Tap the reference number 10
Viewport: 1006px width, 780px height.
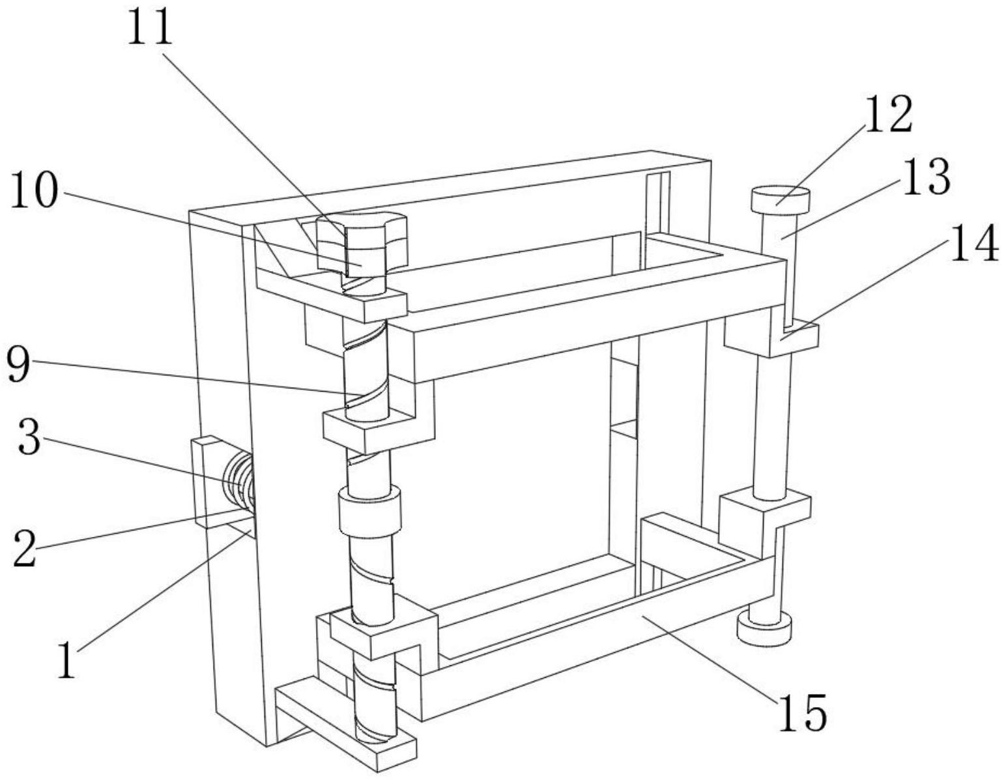pyautogui.click(x=35, y=190)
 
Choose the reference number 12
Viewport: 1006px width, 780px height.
pyautogui.click(x=889, y=114)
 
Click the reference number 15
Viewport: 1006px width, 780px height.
pyautogui.click(x=803, y=712)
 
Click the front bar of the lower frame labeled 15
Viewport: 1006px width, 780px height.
pyautogui.click(x=597, y=639)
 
